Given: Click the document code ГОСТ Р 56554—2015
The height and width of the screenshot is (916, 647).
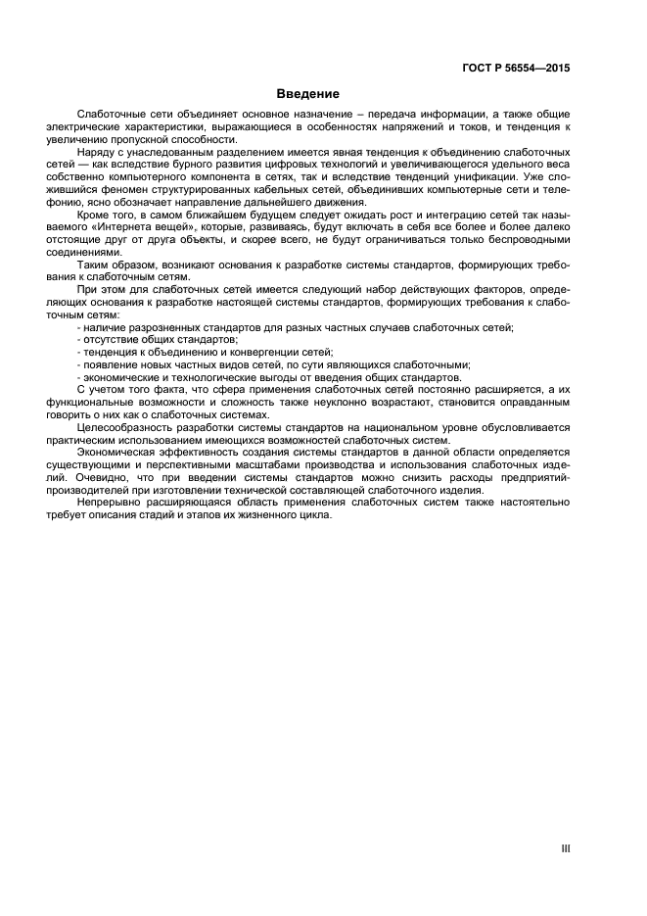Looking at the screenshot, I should click(517, 70).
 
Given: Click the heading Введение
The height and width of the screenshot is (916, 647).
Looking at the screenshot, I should click(307, 95).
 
